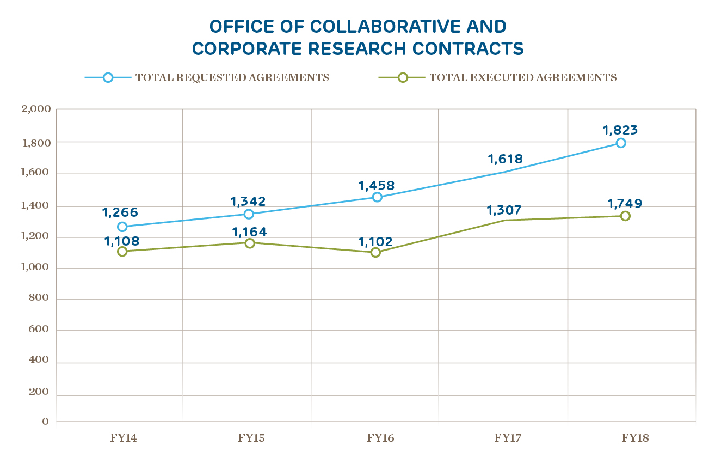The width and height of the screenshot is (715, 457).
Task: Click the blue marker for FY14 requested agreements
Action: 122,227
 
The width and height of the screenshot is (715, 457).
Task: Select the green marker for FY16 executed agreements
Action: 375,252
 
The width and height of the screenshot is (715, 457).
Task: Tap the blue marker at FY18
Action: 621,143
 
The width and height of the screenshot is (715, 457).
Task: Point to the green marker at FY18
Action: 625,216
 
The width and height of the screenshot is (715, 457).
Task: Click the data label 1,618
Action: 505,159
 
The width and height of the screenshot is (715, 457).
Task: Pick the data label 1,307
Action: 504,209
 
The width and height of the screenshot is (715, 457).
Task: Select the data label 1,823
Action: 620,130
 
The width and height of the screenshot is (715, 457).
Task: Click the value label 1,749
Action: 625,203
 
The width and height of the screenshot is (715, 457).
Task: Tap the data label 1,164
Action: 249,231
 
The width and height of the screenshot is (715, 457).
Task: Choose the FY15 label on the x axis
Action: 251,437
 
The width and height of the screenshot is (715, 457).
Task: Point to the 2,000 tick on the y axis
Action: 36,109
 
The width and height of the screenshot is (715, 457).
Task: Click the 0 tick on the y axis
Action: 45,421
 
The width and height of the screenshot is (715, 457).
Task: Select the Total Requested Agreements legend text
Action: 232,77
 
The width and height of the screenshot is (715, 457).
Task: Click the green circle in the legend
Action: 403,77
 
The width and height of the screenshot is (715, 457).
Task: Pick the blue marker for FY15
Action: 249,214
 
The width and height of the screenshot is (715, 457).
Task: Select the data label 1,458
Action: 376,185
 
